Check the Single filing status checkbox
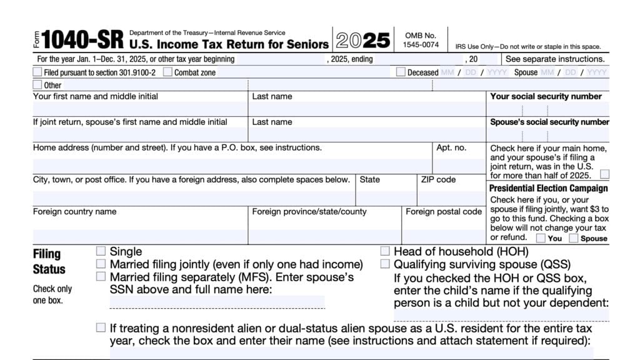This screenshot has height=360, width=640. click(x=101, y=251)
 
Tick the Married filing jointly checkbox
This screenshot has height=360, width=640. click(x=101, y=264)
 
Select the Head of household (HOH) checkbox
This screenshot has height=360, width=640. click(x=385, y=251)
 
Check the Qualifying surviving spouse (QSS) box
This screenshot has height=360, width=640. click(x=385, y=264)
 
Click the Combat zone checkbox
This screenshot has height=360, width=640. click(x=167, y=72)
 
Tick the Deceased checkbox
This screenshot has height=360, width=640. click(x=401, y=72)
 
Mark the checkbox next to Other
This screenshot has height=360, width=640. click(x=37, y=84)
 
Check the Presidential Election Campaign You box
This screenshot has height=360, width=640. click(x=541, y=237)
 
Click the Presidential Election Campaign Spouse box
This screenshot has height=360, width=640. click(x=574, y=237)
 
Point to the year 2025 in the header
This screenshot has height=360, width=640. click(x=363, y=41)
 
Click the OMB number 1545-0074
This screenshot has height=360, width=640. click(x=421, y=44)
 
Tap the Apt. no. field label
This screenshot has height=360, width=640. click(x=451, y=148)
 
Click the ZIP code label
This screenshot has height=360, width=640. click(x=438, y=179)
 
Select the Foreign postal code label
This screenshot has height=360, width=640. click(x=444, y=212)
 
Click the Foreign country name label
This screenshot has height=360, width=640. click(x=74, y=212)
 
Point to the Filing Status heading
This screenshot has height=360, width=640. click(x=49, y=261)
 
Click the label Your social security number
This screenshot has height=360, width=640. click(x=546, y=96)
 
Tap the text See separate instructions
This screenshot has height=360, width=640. click(x=554, y=59)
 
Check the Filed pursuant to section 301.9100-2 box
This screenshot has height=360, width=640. click(x=37, y=72)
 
